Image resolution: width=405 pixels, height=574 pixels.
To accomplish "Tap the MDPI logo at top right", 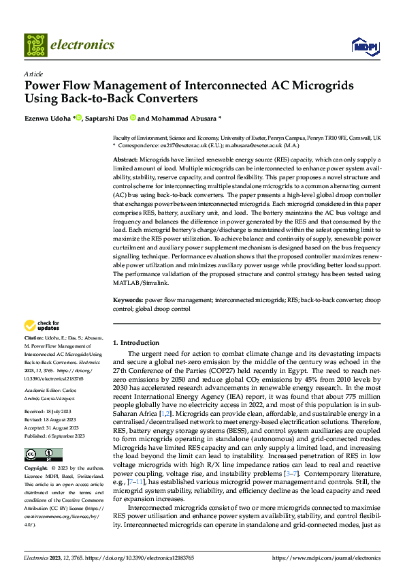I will click(x=366, y=45).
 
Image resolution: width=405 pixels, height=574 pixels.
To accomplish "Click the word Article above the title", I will click(x=33, y=73).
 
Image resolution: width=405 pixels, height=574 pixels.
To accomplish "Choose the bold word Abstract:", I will click(x=127, y=158).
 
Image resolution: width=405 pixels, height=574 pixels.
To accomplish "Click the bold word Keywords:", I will click(x=128, y=300).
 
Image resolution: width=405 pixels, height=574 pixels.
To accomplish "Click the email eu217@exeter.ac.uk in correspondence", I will click(x=181, y=145).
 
